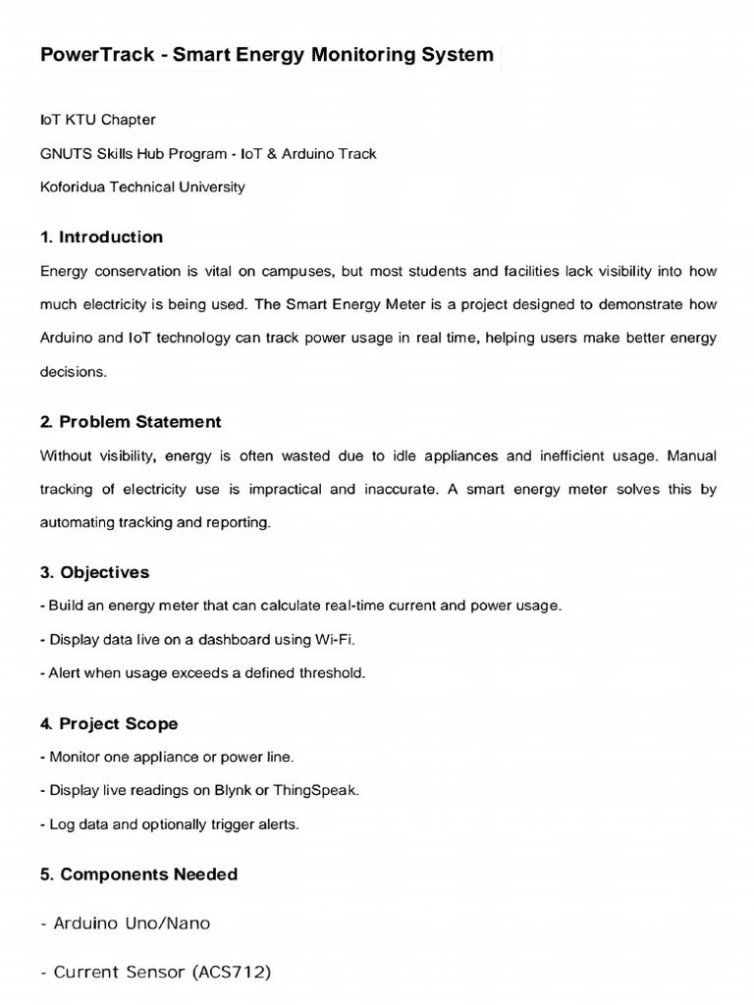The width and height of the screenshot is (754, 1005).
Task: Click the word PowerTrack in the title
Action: click(x=96, y=55)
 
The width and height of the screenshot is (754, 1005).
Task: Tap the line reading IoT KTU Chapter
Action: click(x=98, y=120)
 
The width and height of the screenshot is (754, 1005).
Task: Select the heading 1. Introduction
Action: click(x=102, y=238)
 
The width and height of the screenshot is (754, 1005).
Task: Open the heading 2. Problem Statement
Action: click(x=131, y=422)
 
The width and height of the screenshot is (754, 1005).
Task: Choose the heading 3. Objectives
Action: click(x=95, y=572)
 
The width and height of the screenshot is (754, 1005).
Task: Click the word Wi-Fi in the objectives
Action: click(x=334, y=639)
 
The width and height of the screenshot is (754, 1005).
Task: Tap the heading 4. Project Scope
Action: click(x=109, y=723)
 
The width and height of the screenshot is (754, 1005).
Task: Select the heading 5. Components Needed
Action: click(x=139, y=873)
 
